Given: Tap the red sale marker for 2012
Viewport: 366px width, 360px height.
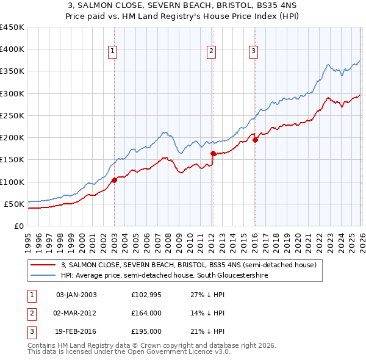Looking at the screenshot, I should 213,153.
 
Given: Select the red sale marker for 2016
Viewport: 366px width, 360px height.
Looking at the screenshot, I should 255,140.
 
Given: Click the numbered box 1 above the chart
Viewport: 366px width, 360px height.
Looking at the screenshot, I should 113,52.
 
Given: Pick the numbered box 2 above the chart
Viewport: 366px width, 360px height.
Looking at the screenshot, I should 211,52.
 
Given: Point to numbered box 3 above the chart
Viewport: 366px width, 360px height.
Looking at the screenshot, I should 253,52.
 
